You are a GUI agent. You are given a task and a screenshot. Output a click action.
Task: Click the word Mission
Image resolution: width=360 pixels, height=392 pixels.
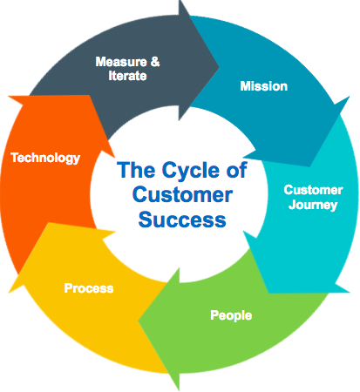[x=264, y=86]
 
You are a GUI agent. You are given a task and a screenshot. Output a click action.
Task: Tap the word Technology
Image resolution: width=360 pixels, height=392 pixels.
[x=45, y=159]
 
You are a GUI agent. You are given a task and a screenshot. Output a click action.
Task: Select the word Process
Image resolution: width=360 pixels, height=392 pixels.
[x=89, y=288]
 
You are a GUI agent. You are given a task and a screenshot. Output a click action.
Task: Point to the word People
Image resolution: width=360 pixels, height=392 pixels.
[x=231, y=315]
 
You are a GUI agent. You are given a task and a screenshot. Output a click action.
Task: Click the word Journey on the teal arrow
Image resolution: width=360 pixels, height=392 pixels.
[x=313, y=205]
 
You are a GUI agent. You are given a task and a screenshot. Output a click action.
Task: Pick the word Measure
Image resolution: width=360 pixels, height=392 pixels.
[x=121, y=62]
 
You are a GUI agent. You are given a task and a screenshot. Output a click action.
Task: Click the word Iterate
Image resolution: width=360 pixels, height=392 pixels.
[x=127, y=76]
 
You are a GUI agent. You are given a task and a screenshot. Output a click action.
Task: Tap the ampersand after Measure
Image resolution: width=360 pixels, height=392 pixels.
[x=155, y=62]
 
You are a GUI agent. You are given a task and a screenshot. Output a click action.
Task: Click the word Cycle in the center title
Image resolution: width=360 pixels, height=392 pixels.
[x=191, y=170]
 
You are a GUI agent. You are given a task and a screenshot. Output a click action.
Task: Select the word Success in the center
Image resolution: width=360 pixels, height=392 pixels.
[x=182, y=220]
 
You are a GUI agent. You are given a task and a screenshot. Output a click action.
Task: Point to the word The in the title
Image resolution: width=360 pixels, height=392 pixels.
[x=136, y=170]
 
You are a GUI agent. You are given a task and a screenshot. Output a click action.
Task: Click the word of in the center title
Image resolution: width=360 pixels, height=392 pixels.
[x=237, y=170]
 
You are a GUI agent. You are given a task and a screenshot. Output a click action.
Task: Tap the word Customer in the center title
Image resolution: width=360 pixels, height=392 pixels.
[x=182, y=194]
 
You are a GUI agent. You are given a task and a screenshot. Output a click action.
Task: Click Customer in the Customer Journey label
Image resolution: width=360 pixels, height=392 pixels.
[x=313, y=190]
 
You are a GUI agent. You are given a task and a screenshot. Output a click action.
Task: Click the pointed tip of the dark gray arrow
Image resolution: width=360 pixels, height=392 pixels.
[x=219, y=68]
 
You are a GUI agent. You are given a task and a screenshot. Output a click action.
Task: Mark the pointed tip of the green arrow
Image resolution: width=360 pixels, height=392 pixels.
[x=139, y=321]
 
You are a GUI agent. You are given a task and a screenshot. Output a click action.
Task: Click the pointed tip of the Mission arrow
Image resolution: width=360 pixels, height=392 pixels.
[x=310, y=166]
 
